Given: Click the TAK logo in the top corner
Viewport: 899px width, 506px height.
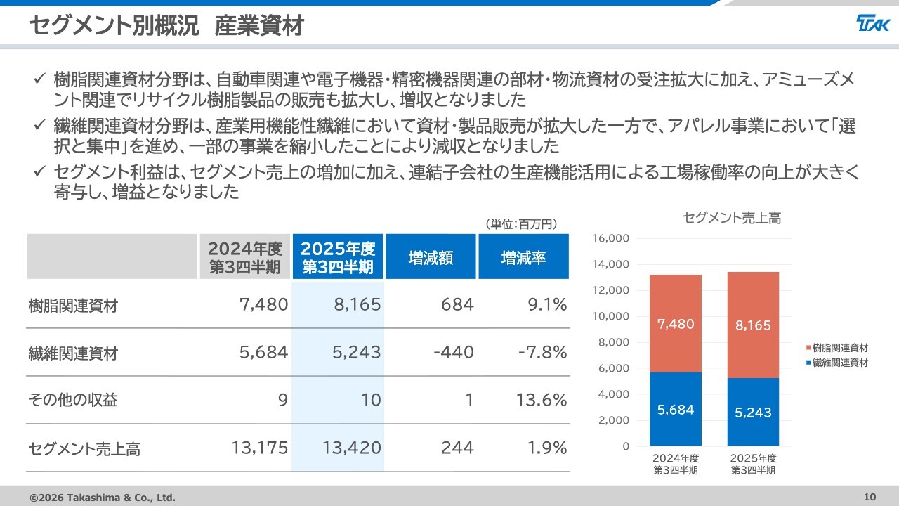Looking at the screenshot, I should pos(873,25).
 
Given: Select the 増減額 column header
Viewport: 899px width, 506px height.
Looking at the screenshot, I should pos(431,257).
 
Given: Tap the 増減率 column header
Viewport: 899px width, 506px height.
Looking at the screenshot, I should pos(523,257).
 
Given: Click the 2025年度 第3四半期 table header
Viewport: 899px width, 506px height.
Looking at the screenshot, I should pos(338,257).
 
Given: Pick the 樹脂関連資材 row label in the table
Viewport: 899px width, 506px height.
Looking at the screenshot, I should pos(73,306).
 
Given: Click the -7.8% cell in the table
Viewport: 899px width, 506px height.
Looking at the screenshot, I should pos(542,352).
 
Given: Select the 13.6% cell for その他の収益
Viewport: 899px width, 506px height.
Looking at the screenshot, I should pos(542,400).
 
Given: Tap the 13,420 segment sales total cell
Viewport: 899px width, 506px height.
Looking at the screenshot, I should pos(351,448).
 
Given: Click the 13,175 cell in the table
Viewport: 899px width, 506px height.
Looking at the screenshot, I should pos(259,448).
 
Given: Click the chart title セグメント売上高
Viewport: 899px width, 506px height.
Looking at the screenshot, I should pos(732,219).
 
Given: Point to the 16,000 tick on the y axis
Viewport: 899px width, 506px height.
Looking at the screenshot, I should pos(610,238).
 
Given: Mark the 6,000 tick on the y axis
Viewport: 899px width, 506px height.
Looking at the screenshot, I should pos(614,368).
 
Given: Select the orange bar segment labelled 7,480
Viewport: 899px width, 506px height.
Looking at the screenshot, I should pos(676,324).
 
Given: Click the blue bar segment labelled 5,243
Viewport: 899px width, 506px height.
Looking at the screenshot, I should pos(753,413).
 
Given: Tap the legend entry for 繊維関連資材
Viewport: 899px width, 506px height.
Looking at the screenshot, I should pos(839,363).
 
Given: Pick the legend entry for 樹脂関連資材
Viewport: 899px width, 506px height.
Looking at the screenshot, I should pos(839,348).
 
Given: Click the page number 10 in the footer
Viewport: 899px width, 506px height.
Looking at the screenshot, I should pos(870,498).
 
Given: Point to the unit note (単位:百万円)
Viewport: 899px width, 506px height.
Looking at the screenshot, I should pos(520,224).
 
